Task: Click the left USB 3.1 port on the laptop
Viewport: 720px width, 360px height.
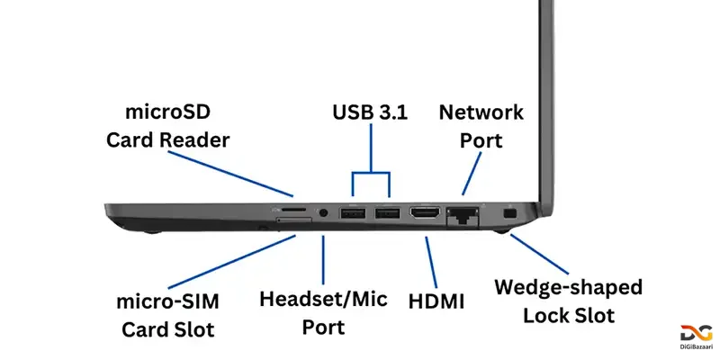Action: pyautogui.click(x=351, y=214)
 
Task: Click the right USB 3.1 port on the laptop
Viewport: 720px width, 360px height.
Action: pyautogui.click(x=387, y=214)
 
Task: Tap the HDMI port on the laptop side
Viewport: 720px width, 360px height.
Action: pyautogui.click(x=424, y=214)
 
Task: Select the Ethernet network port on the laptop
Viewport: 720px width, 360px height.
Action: pyautogui.click(x=462, y=215)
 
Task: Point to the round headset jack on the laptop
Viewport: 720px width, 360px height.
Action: pyautogui.click(x=324, y=214)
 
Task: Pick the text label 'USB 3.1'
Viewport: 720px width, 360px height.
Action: pyautogui.click(x=370, y=113)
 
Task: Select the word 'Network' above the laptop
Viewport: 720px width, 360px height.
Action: pyautogui.click(x=481, y=112)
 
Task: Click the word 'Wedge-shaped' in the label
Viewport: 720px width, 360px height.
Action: pyautogui.click(x=569, y=288)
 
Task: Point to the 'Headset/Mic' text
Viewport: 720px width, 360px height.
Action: pyautogui.click(x=322, y=299)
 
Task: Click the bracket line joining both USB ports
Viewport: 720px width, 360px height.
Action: pyautogui.click(x=370, y=173)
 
